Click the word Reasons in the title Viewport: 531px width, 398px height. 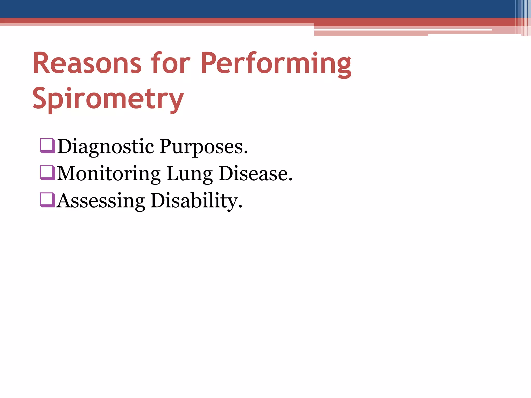tap(87, 63)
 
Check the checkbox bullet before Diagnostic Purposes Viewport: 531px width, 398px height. tap(47, 146)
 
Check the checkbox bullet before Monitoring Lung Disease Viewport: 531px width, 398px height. tap(47, 173)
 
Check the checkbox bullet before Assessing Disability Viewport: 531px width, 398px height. tap(47, 200)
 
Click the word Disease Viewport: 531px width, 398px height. tap(253, 174)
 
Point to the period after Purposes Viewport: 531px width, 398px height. tap(246, 153)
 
